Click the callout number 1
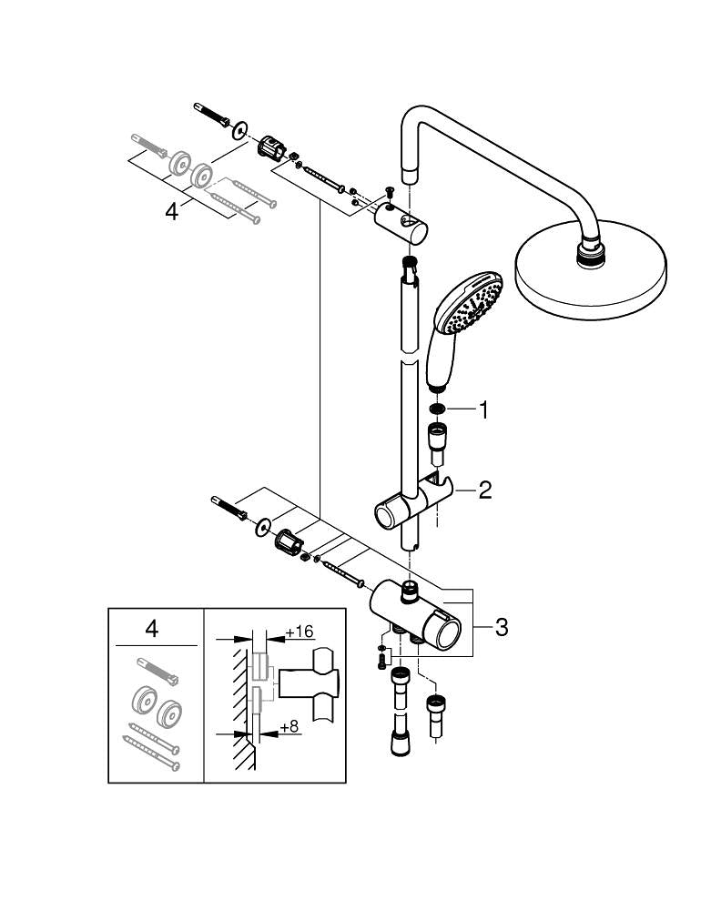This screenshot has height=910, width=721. coord(484,410)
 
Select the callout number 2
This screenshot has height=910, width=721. coord(485,491)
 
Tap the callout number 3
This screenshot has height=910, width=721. coord(502,627)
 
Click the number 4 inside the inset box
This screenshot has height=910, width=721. coord(152,627)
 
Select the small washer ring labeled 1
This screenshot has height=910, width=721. coord(438,410)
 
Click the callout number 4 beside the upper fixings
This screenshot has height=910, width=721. coord(171,211)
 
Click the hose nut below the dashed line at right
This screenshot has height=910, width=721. coord(434,704)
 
